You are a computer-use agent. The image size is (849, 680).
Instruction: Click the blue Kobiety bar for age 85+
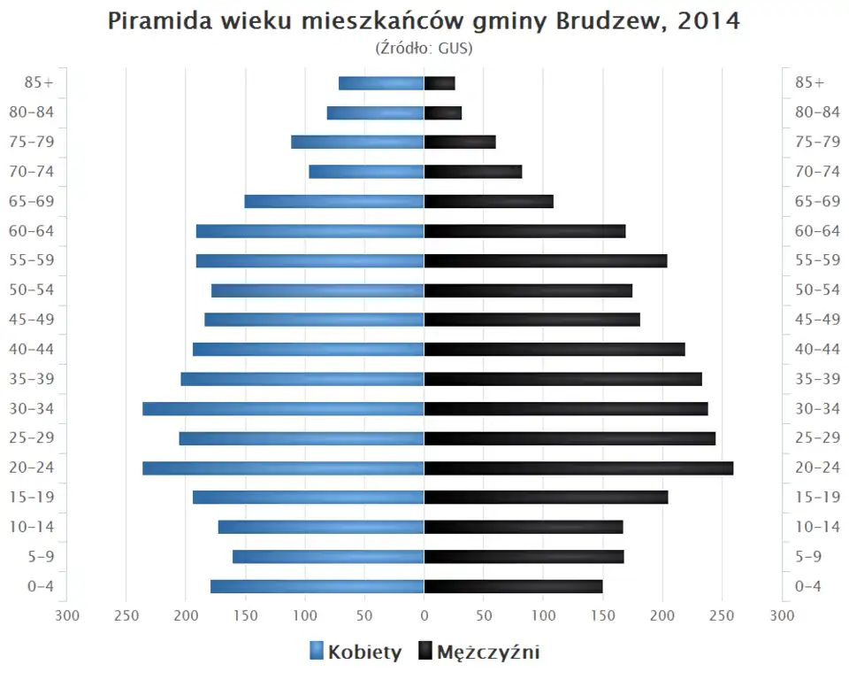381,83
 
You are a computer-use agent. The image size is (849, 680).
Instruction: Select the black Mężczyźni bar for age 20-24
578,468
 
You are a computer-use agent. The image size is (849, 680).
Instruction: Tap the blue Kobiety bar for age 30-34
283,409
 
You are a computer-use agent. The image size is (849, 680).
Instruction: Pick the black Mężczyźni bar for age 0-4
513,586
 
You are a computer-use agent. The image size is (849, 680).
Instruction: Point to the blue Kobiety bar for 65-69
334,202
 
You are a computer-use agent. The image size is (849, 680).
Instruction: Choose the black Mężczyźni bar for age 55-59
546,261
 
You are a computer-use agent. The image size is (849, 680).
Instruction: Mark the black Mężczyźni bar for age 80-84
443,113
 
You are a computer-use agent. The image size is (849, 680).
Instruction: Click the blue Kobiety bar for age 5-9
328,557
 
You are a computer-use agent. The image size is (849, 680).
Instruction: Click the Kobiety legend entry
356,653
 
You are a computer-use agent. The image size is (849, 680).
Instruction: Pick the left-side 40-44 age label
32,350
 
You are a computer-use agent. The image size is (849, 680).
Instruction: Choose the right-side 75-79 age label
817,143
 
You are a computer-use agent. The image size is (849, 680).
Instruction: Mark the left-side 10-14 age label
32,527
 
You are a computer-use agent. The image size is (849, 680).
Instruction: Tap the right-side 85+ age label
809,83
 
